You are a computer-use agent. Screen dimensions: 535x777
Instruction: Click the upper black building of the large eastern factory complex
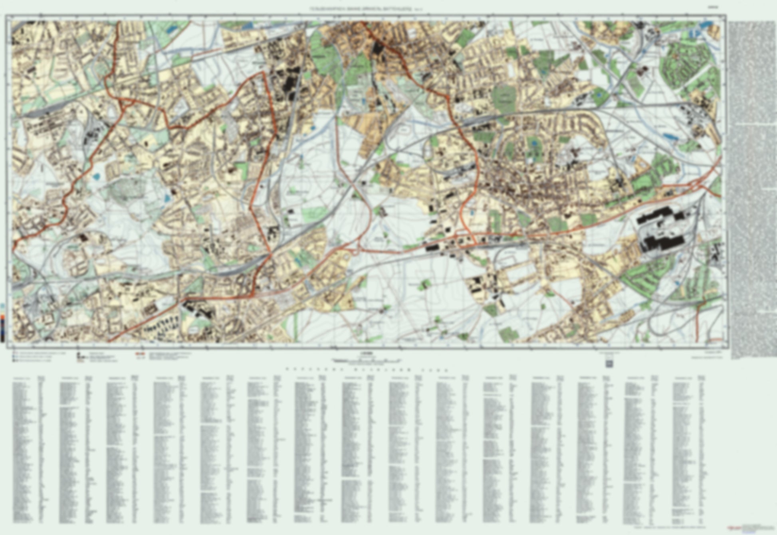[659, 217]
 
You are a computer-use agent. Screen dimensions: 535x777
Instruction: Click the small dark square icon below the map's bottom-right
[610, 363]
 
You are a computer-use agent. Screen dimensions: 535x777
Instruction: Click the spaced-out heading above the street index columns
[365, 370]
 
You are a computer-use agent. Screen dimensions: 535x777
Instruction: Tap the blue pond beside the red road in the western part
[96, 176]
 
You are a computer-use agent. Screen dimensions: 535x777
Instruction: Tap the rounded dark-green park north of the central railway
[503, 98]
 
